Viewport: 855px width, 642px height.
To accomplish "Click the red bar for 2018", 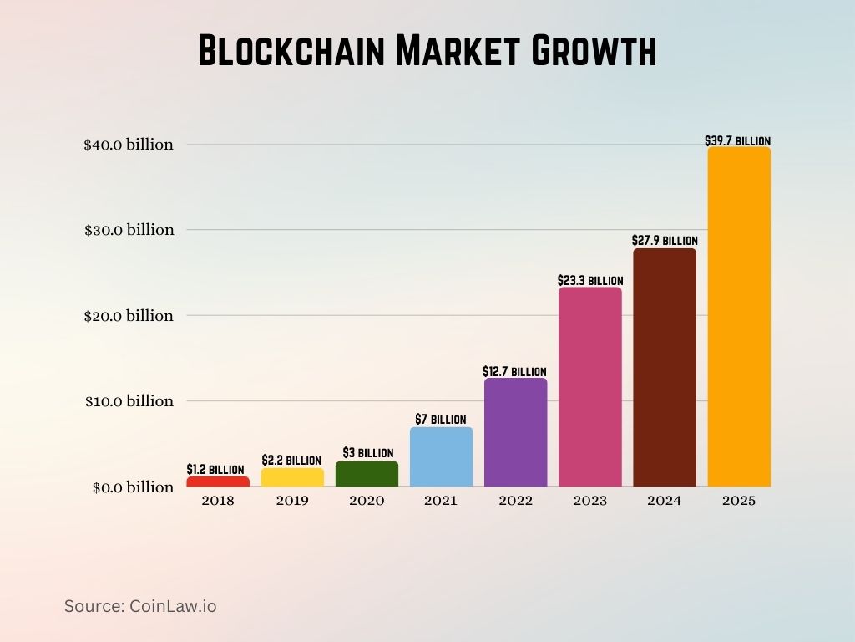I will tap(217, 481).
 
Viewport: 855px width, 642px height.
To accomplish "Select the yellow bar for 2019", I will tap(292, 477).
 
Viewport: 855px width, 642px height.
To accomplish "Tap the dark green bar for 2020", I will tap(367, 474).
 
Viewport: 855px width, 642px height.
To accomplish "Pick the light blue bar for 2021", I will tap(441, 456).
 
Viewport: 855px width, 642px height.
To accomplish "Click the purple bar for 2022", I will tap(515, 432).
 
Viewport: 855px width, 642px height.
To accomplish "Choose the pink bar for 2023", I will tap(589, 387).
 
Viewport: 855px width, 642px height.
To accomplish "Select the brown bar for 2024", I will tap(664, 368).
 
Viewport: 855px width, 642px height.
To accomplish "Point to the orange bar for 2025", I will tap(739, 317).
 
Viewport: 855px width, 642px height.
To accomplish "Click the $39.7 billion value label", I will tap(739, 141).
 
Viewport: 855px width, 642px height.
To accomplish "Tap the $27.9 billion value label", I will tap(665, 241).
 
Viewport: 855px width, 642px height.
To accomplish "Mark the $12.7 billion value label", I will tap(514, 371).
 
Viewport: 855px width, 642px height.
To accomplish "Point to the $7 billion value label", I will tap(441, 419).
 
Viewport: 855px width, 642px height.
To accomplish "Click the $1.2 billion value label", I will tap(215, 470).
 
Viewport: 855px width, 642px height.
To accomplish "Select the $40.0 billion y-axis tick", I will tap(129, 145).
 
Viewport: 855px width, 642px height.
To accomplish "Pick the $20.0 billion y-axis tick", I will tap(129, 316).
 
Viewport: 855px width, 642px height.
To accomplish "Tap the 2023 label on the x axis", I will tap(589, 502).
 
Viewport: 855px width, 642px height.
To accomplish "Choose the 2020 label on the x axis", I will tap(367, 502).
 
